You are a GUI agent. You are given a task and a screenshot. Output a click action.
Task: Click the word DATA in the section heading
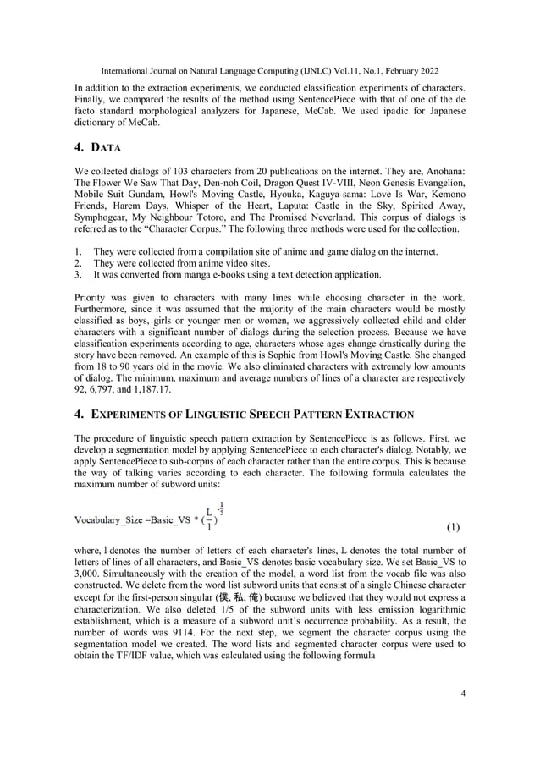pyautogui.click(x=110, y=149)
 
